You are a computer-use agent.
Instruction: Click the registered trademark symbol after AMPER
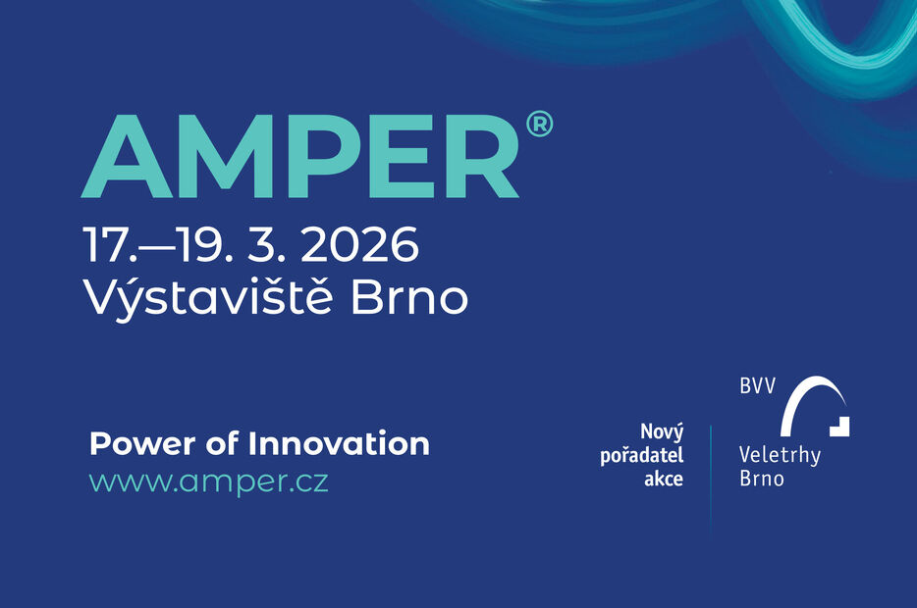pyautogui.click(x=539, y=127)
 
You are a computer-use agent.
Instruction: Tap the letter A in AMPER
pyautogui.click(x=128, y=159)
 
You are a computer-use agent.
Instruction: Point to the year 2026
pyautogui.click(x=359, y=245)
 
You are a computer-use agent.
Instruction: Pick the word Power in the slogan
pyautogui.click(x=134, y=443)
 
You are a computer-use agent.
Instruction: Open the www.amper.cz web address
pyautogui.click(x=209, y=482)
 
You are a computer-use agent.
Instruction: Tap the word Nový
pyautogui.click(x=662, y=432)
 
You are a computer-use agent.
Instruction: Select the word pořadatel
pyautogui.click(x=642, y=456)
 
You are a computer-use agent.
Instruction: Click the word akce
pyautogui.click(x=663, y=480)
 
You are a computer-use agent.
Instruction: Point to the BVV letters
pyautogui.click(x=757, y=386)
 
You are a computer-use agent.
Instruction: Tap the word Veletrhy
pyautogui.click(x=780, y=455)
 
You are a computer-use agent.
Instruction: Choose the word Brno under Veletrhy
pyautogui.click(x=762, y=480)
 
